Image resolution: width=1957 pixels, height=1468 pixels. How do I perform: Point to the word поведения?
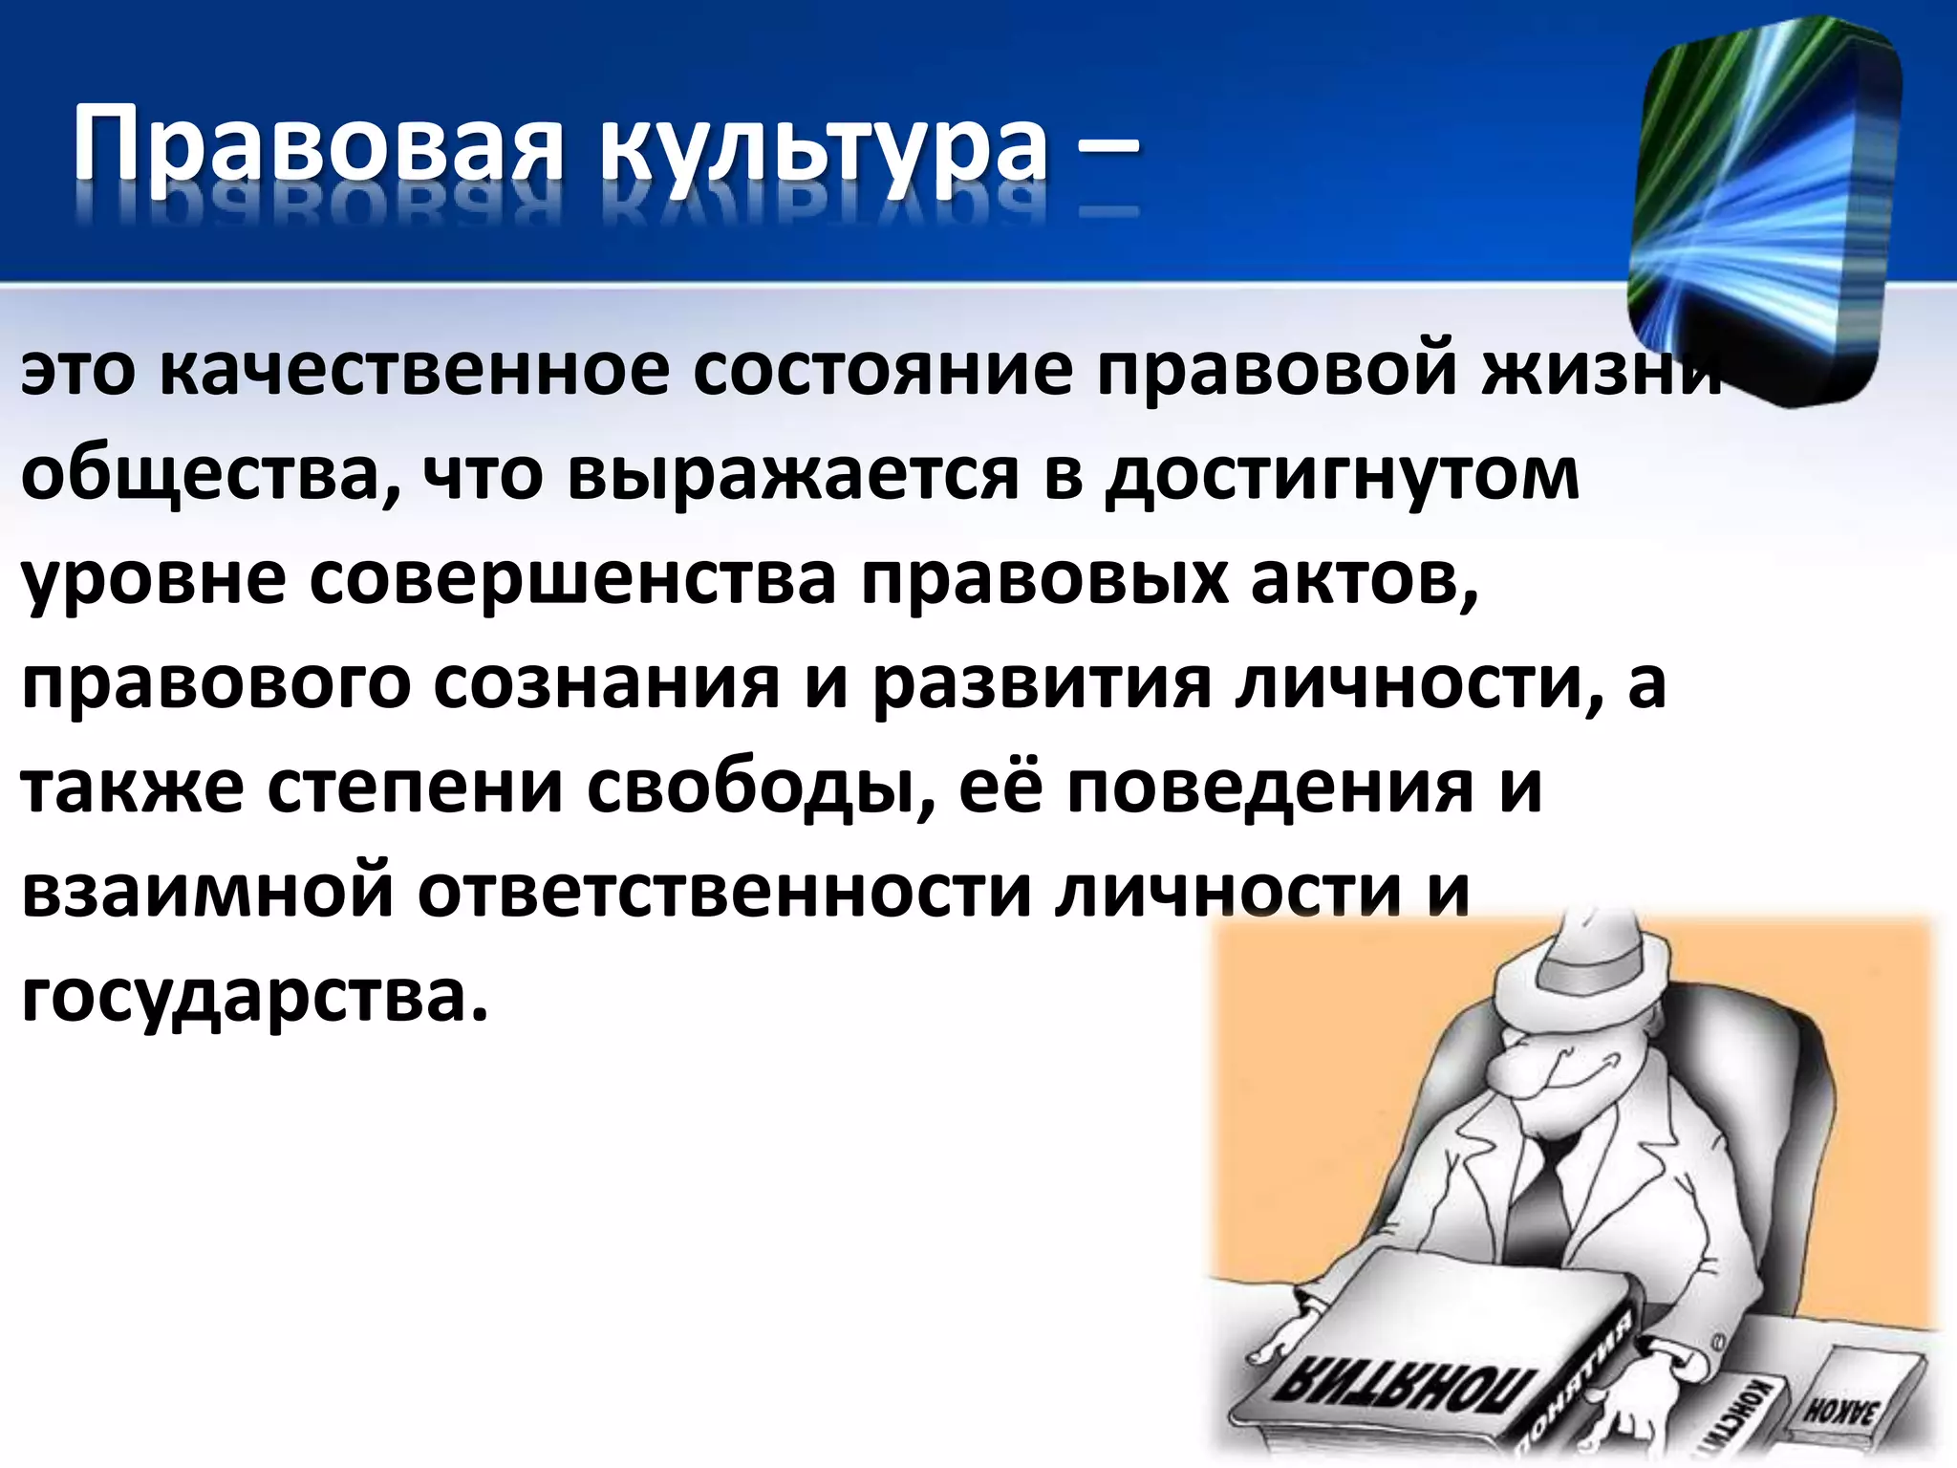pyautogui.click(x=1270, y=788)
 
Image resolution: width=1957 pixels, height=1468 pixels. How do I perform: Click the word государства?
pyautogui.click(x=253, y=997)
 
